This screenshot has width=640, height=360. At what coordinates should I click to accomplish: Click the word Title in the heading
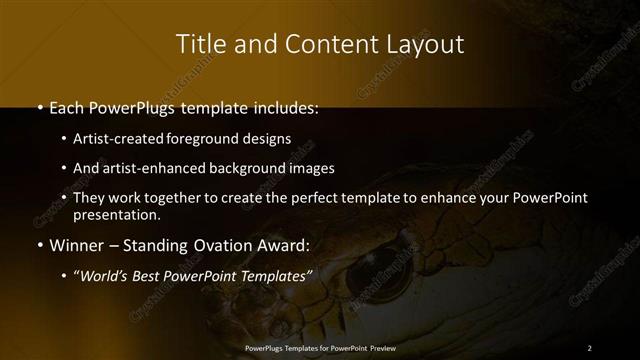(201, 44)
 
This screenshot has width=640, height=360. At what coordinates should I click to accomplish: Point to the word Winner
(75, 244)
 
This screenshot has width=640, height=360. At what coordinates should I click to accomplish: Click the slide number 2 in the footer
(589, 347)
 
